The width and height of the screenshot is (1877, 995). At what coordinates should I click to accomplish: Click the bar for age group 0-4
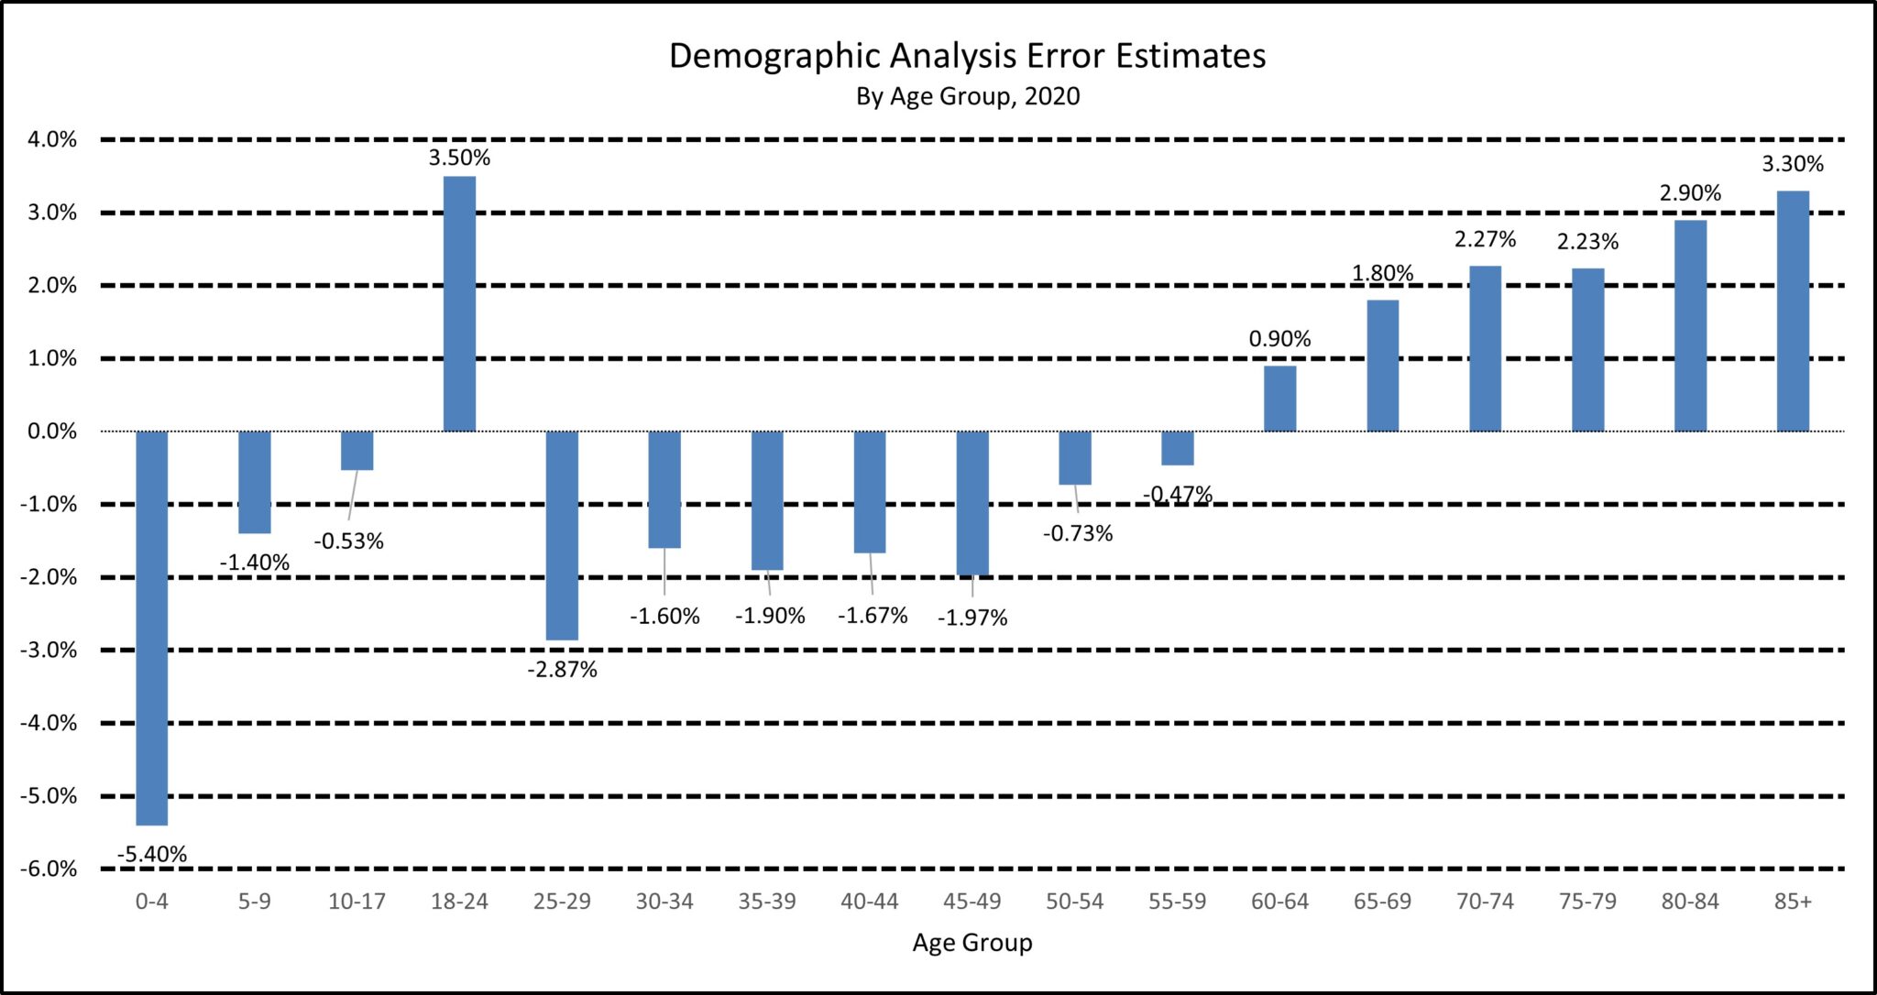(x=152, y=628)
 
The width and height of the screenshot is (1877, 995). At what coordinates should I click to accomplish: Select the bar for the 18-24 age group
(x=459, y=303)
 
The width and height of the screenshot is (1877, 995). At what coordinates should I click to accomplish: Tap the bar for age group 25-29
(x=562, y=535)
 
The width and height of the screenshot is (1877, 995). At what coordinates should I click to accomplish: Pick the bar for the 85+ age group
(x=1793, y=311)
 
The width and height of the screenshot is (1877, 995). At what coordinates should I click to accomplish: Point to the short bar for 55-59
(x=1178, y=448)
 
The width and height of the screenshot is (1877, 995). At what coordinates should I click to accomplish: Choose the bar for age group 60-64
(x=1279, y=399)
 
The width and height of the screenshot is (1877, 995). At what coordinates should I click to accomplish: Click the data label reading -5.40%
(x=152, y=855)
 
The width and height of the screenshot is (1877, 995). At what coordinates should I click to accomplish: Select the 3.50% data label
(x=459, y=158)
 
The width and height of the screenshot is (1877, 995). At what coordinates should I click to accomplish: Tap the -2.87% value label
(x=562, y=670)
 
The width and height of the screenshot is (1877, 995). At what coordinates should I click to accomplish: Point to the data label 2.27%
(x=1485, y=239)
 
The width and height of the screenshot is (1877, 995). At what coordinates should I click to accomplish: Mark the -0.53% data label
(x=348, y=541)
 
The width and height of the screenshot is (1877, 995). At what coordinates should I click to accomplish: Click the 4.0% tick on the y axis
(x=50, y=140)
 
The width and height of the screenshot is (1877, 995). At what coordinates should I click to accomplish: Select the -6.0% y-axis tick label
(x=49, y=869)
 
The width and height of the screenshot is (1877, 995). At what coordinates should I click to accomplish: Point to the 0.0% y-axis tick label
(x=51, y=432)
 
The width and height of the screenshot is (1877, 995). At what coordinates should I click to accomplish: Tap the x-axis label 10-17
(x=357, y=902)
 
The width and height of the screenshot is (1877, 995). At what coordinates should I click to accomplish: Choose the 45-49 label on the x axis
(x=971, y=902)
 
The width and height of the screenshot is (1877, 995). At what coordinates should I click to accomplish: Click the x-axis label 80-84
(x=1690, y=902)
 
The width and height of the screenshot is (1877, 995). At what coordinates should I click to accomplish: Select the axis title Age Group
(x=971, y=943)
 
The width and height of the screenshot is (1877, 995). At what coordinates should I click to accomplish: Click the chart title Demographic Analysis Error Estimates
(x=967, y=56)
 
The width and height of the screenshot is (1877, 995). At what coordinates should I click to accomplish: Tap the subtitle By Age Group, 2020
(x=967, y=96)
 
